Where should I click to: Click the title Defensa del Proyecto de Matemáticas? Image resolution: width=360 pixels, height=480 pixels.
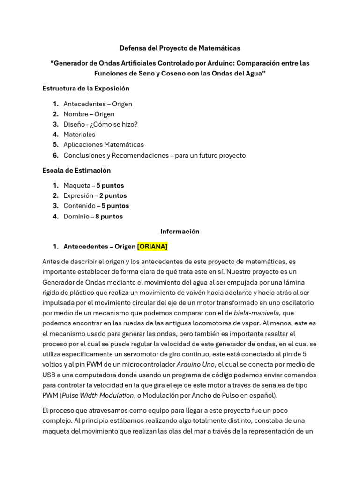(x=180, y=48)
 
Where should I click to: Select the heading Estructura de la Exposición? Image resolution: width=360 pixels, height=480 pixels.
(x=86, y=88)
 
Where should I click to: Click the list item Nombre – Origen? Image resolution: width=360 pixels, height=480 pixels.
(x=89, y=114)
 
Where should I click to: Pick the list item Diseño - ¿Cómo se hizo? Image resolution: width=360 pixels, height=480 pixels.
(x=100, y=124)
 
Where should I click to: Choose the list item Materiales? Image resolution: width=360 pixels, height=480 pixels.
(x=79, y=135)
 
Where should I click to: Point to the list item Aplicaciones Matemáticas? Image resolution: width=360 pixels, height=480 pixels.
(x=104, y=145)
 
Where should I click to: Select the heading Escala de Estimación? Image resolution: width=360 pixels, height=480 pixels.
(x=76, y=170)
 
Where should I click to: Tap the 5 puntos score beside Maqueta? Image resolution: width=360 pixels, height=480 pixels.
(x=110, y=185)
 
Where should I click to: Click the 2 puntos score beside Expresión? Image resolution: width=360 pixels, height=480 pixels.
(x=113, y=195)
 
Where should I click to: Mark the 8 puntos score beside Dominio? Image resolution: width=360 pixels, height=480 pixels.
(x=109, y=216)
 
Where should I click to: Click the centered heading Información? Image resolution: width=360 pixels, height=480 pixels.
(x=180, y=231)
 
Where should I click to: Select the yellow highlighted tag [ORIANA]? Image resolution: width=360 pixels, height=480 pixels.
(x=152, y=246)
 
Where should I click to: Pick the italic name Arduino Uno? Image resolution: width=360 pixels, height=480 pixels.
(x=195, y=364)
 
